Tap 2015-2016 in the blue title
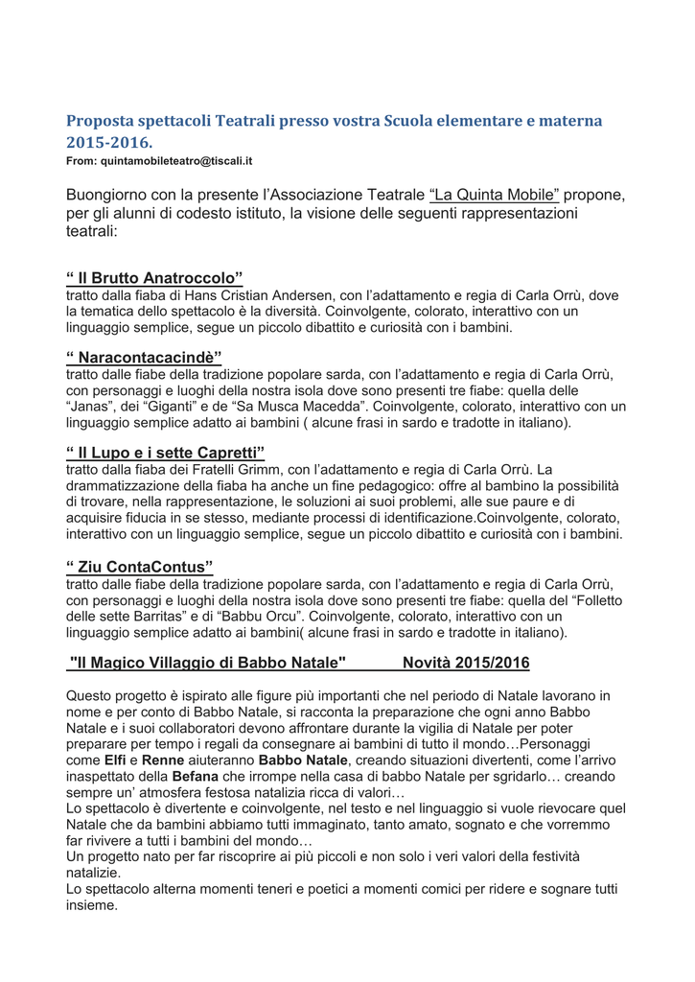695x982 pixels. coord(109,143)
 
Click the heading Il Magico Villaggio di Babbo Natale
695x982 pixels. coord(207,663)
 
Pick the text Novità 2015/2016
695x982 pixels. coord(466,663)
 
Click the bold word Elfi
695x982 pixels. coord(115,760)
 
